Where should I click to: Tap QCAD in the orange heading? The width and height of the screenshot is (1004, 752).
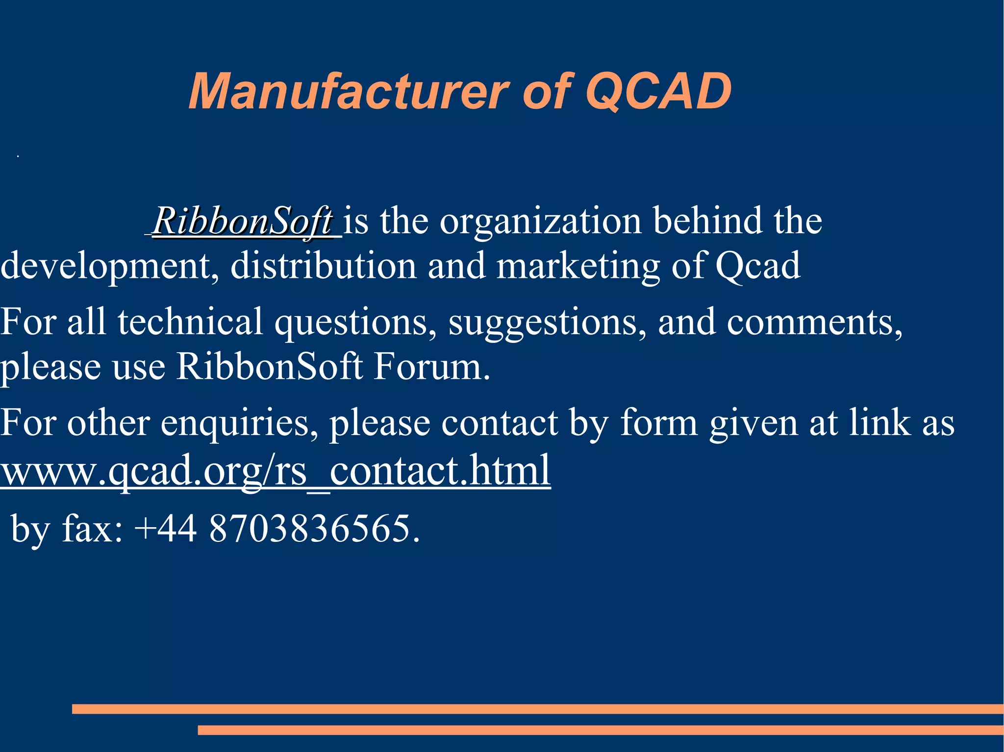(658, 92)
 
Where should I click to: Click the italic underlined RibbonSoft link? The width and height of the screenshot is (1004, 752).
(243, 221)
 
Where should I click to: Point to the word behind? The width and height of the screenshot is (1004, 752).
(707, 221)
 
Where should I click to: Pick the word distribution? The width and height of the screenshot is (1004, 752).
(323, 266)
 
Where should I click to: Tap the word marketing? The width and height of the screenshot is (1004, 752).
(578, 266)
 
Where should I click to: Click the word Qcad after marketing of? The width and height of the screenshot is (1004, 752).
(757, 266)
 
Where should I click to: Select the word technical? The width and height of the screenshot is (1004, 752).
(190, 322)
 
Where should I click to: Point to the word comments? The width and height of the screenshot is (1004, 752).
(814, 322)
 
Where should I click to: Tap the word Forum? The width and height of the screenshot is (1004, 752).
(431, 366)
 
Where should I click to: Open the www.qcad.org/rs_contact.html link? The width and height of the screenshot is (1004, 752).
(276, 470)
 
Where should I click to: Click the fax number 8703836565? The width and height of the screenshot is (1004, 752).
(314, 529)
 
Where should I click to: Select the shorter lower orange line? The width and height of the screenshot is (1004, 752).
(600, 730)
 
